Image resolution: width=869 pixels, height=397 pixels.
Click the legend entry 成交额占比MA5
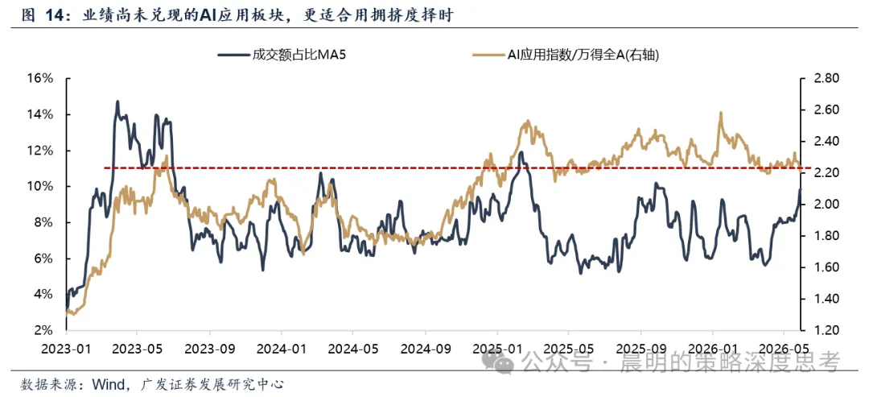click(283, 54)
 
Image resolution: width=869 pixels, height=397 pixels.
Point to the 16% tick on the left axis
click(40, 78)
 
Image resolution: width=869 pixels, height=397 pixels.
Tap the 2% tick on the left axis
click(43, 330)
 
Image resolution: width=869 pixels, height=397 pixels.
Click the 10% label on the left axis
click(40, 186)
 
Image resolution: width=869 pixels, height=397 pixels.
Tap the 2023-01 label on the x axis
click(66, 349)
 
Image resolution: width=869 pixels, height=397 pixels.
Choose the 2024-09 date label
click(426, 349)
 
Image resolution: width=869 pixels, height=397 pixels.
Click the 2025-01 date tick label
click(497, 349)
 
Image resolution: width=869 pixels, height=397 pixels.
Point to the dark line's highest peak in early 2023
click(117, 101)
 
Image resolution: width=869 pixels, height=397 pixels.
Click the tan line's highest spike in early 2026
click(721, 113)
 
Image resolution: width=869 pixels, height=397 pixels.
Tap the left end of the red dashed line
click(105, 167)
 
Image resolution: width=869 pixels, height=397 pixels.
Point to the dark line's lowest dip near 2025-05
click(580, 273)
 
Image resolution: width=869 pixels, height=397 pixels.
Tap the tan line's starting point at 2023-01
click(67, 314)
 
